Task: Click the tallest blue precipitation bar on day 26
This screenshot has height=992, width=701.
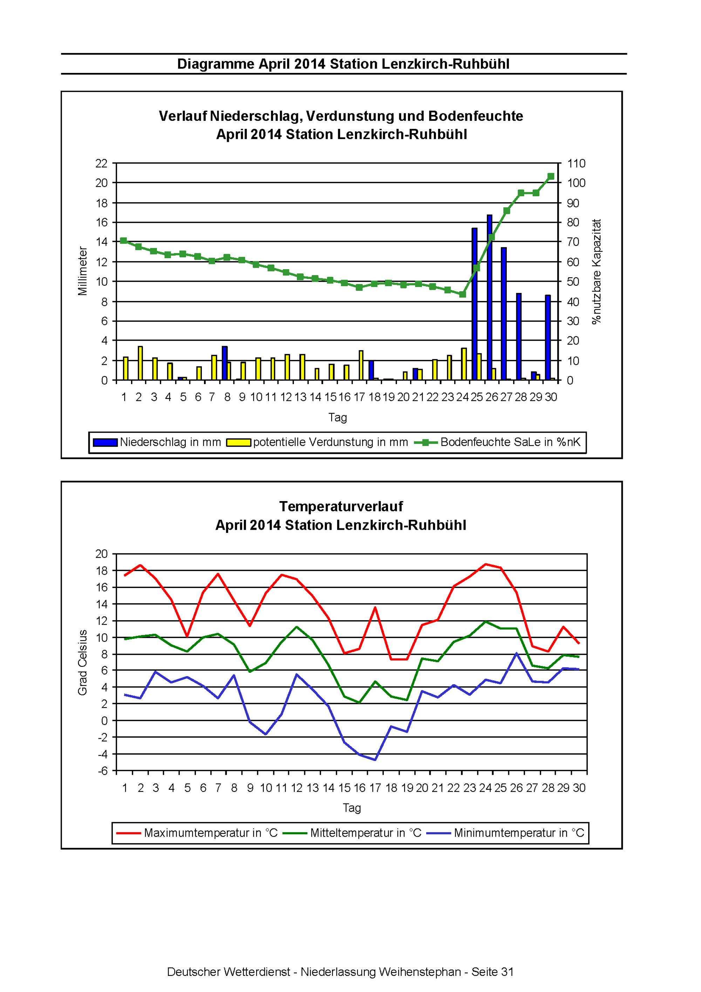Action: (x=489, y=297)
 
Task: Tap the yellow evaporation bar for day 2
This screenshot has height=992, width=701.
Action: (x=140, y=363)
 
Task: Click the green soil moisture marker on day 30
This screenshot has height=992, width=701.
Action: (x=551, y=176)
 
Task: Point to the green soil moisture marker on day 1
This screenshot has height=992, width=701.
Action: (x=124, y=241)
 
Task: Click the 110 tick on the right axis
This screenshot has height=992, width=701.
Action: (x=577, y=163)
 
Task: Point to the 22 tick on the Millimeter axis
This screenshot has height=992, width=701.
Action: (x=101, y=163)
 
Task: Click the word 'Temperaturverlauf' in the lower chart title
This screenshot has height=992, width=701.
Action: (x=341, y=506)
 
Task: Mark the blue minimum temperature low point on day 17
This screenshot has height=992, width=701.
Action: (x=375, y=760)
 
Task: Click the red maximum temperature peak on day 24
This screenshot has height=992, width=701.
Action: (x=485, y=564)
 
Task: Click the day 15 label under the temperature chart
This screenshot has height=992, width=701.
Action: (x=345, y=788)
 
